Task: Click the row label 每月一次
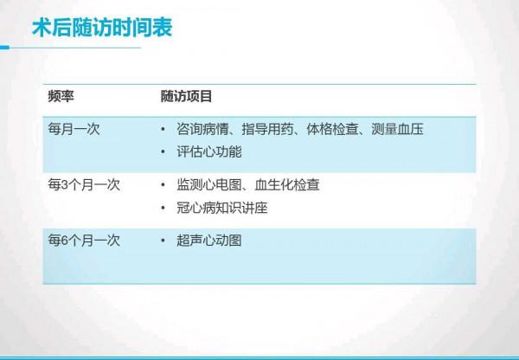click(x=75, y=130)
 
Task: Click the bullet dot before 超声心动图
click(x=164, y=241)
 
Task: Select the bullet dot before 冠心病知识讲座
click(x=164, y=209)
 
